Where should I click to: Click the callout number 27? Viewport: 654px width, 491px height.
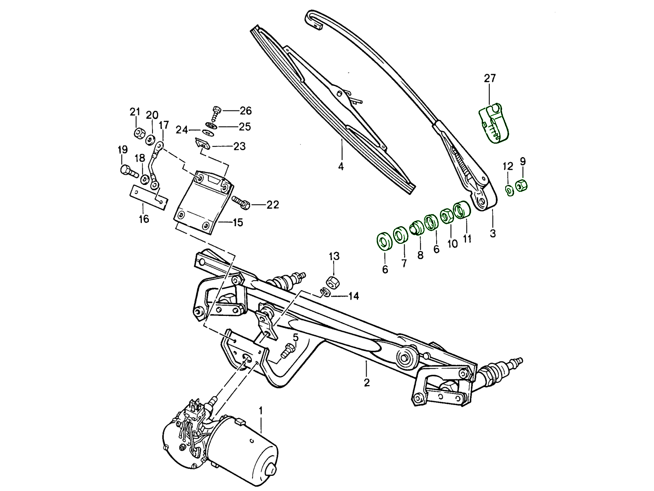(x=489, y=78)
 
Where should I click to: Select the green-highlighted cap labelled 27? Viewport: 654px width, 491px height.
(x=494, y=123)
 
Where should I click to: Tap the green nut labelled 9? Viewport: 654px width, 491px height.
(x=522, y=185)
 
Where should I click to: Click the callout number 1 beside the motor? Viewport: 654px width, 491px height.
(x=261, y=410)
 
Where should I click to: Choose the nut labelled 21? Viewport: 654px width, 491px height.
(x=139, y=133)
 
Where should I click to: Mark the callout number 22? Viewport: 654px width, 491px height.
(x=273, y=205)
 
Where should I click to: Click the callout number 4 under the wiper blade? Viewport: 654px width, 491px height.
(x=340, y=167)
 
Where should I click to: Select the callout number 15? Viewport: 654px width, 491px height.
(x=237, y=223)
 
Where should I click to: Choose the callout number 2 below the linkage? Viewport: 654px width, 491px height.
(x=367, y=383)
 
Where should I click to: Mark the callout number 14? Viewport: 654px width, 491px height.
(x=353, y=295)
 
